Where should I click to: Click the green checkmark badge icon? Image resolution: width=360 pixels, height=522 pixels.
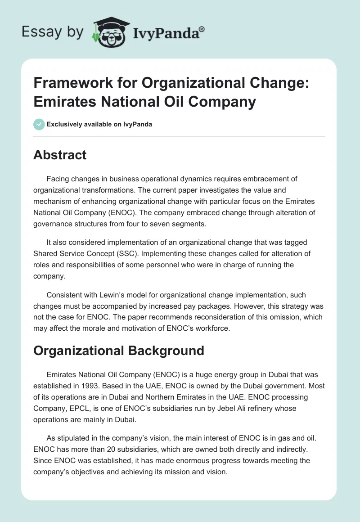pos(39,124)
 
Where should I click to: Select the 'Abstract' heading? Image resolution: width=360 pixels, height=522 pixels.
pos(60,155)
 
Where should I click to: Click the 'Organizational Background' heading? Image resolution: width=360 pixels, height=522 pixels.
pos(119,351)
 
